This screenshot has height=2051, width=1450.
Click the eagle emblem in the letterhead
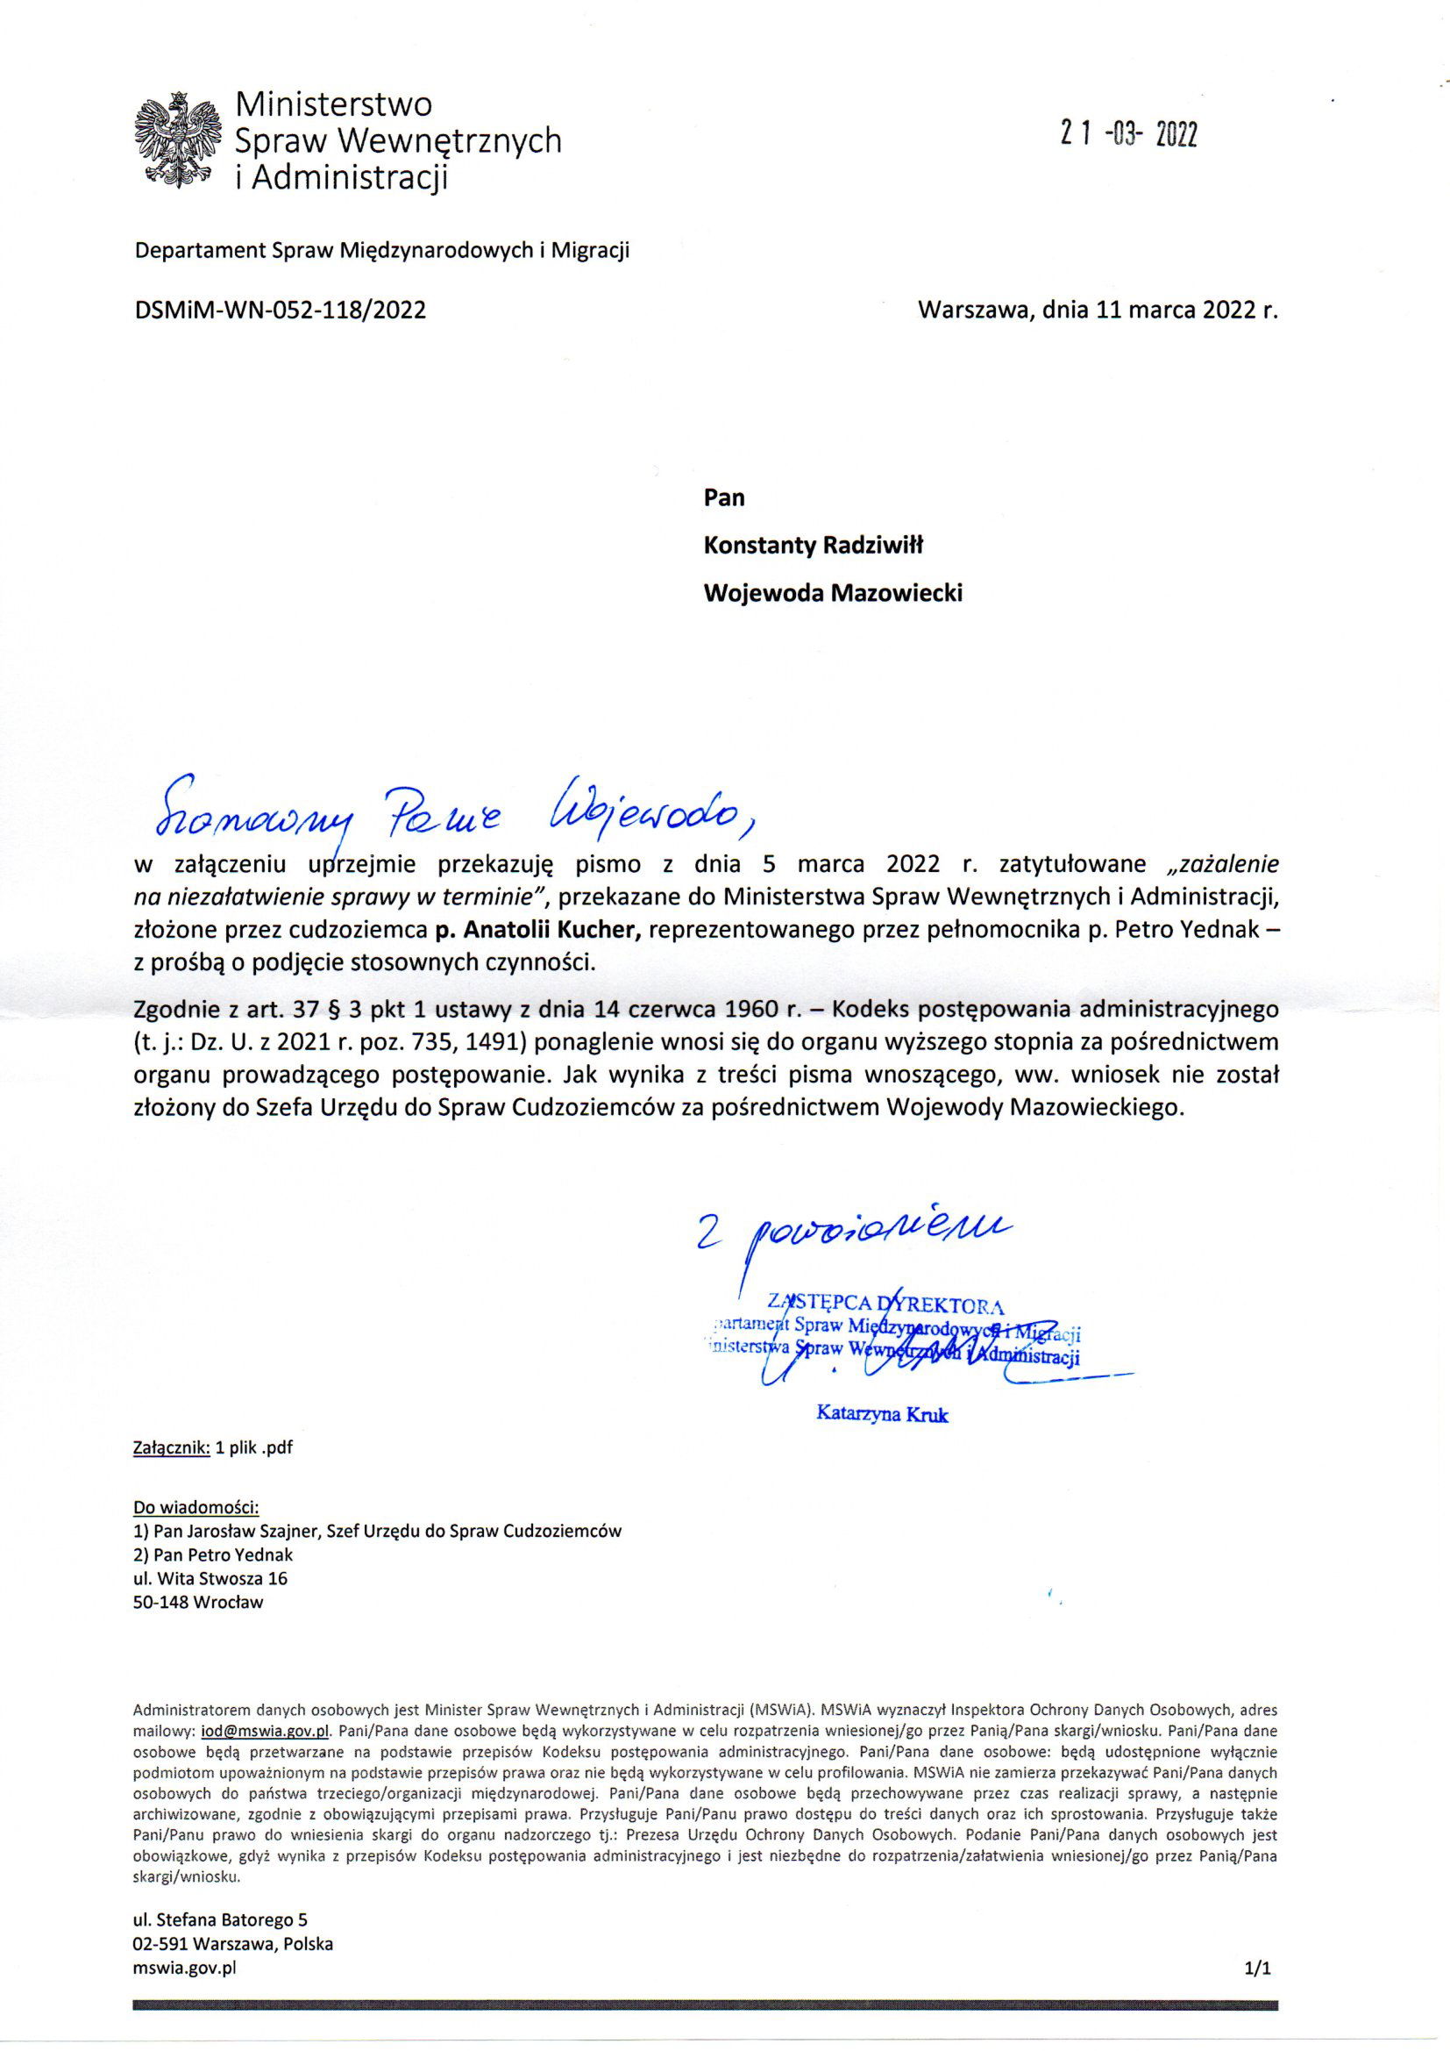pyautogui.click(x=177, y=139)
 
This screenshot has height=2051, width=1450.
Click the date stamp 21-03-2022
pyautogui.click(x=1127, y=134)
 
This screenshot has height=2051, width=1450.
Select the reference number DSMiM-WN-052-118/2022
pyautogui.click(x=280, y=310)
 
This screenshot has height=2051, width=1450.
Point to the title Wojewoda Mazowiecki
pyautogui.click(x=833, y=593)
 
